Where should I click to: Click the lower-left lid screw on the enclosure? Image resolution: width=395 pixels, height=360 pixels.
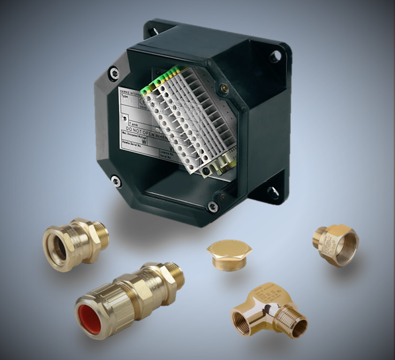116,179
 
